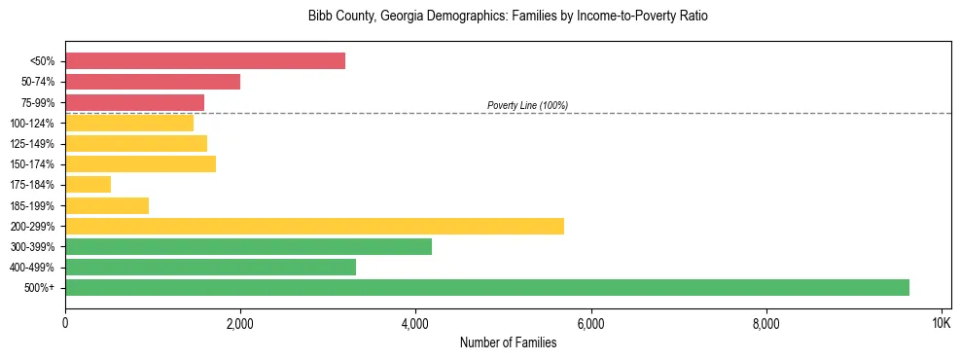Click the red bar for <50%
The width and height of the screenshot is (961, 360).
tap(205, 61)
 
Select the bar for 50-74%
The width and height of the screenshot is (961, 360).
tap(153, 82)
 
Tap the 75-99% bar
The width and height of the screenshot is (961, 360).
tap(134, 102)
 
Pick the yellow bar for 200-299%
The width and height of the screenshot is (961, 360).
tap(314, 226)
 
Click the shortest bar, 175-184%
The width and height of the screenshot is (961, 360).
tap(88, 185)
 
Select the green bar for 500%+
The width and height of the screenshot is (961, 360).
tap(486, 287)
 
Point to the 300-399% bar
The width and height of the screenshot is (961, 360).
tap(248, 246)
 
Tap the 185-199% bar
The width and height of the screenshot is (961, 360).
tap(107, 205)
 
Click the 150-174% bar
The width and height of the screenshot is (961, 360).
tap(140, 164)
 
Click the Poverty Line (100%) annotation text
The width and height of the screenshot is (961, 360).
tap(527, 105)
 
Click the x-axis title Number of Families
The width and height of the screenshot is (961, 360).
tap(508, 342)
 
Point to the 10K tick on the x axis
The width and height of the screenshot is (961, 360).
tap(941, 321)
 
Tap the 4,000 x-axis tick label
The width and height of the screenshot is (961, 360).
tap(415, 321)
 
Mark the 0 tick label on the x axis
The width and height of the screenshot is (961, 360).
tap(65, 321)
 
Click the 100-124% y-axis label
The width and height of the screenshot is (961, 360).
tap(32, 124)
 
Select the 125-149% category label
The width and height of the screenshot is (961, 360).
tap(32, 144)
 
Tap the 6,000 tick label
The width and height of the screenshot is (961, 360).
tap(590, 321)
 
